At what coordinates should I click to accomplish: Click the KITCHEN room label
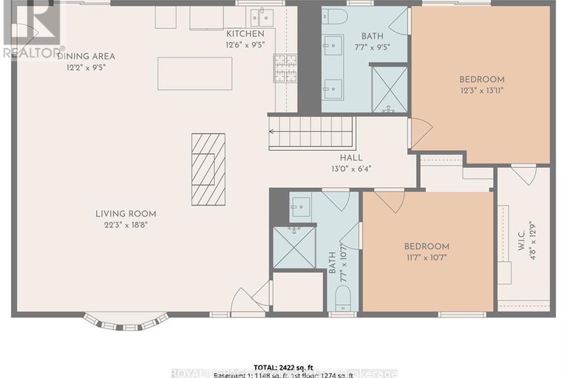point(245,34)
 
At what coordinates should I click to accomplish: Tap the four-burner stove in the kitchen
point(285,68)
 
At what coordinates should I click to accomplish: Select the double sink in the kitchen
point(259,16)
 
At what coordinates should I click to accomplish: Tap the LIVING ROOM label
point(126,214)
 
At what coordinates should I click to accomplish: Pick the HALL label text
point(350,157)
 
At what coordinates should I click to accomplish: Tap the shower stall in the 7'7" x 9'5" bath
point(389,89)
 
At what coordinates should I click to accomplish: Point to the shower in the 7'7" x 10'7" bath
point(293,247)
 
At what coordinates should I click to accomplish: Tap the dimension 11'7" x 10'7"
point(426,257)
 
